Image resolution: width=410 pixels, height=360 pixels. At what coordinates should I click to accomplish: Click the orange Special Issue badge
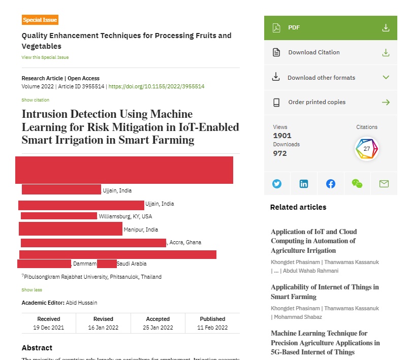[40, 20]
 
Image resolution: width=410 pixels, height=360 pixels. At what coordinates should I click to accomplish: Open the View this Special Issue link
[45, 57]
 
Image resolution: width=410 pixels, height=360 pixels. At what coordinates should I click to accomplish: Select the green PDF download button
[330, 27]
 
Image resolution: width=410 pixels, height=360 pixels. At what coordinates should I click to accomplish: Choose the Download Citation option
[330, 52]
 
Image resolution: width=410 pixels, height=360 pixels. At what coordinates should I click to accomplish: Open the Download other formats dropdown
[330, 78]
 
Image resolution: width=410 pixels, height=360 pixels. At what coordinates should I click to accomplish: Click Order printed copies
[330, 102]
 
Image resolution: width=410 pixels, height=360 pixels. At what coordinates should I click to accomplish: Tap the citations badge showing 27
[366, 149]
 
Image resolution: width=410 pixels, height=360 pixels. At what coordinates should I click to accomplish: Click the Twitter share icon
[277, 184]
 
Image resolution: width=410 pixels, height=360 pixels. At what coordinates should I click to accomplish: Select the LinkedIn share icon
[304, 184]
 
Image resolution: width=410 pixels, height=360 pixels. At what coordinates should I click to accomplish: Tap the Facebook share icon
[331, 184]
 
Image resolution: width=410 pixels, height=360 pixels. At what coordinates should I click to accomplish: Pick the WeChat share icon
[357, 184]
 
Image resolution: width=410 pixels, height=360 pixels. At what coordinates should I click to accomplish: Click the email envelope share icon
[384, 184]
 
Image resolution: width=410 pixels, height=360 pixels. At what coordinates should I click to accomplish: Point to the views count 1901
[282, 136]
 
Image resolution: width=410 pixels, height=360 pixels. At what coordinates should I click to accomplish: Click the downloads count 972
[280, 153]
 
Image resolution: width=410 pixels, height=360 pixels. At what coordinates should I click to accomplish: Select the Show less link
[31, 290]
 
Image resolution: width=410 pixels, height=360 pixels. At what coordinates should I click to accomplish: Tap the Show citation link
[35, 100]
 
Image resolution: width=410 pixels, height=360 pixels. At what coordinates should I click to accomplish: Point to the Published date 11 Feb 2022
[212, 328]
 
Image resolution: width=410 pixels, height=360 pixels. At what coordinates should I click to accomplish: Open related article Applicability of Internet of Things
[325, 292]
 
